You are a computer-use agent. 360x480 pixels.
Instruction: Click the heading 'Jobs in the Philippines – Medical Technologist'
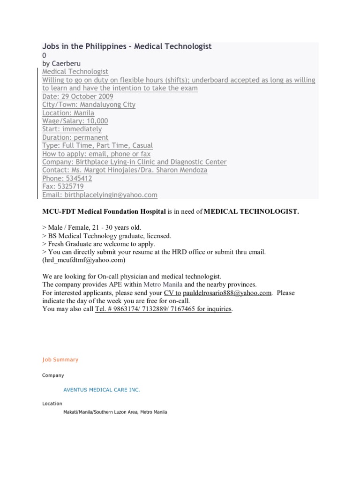pos(127,46)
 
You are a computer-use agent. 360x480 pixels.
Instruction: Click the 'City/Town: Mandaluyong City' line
pos(89,105)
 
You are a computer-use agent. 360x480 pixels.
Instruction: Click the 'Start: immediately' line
pos(72,129)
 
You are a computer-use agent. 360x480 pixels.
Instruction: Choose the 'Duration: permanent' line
pos(75,137)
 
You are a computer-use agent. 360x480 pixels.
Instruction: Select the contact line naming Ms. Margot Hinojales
pos(125,170)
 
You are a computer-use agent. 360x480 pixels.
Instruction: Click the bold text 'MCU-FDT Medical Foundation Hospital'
pos(104,211)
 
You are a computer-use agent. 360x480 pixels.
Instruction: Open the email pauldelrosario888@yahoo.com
pos(227,293)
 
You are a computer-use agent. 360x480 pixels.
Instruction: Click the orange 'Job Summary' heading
pos(60,360)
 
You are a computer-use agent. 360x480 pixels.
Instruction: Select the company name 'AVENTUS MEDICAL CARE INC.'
pos(101,390)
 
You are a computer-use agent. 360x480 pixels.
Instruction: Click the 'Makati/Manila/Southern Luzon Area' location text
pos(115,412)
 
